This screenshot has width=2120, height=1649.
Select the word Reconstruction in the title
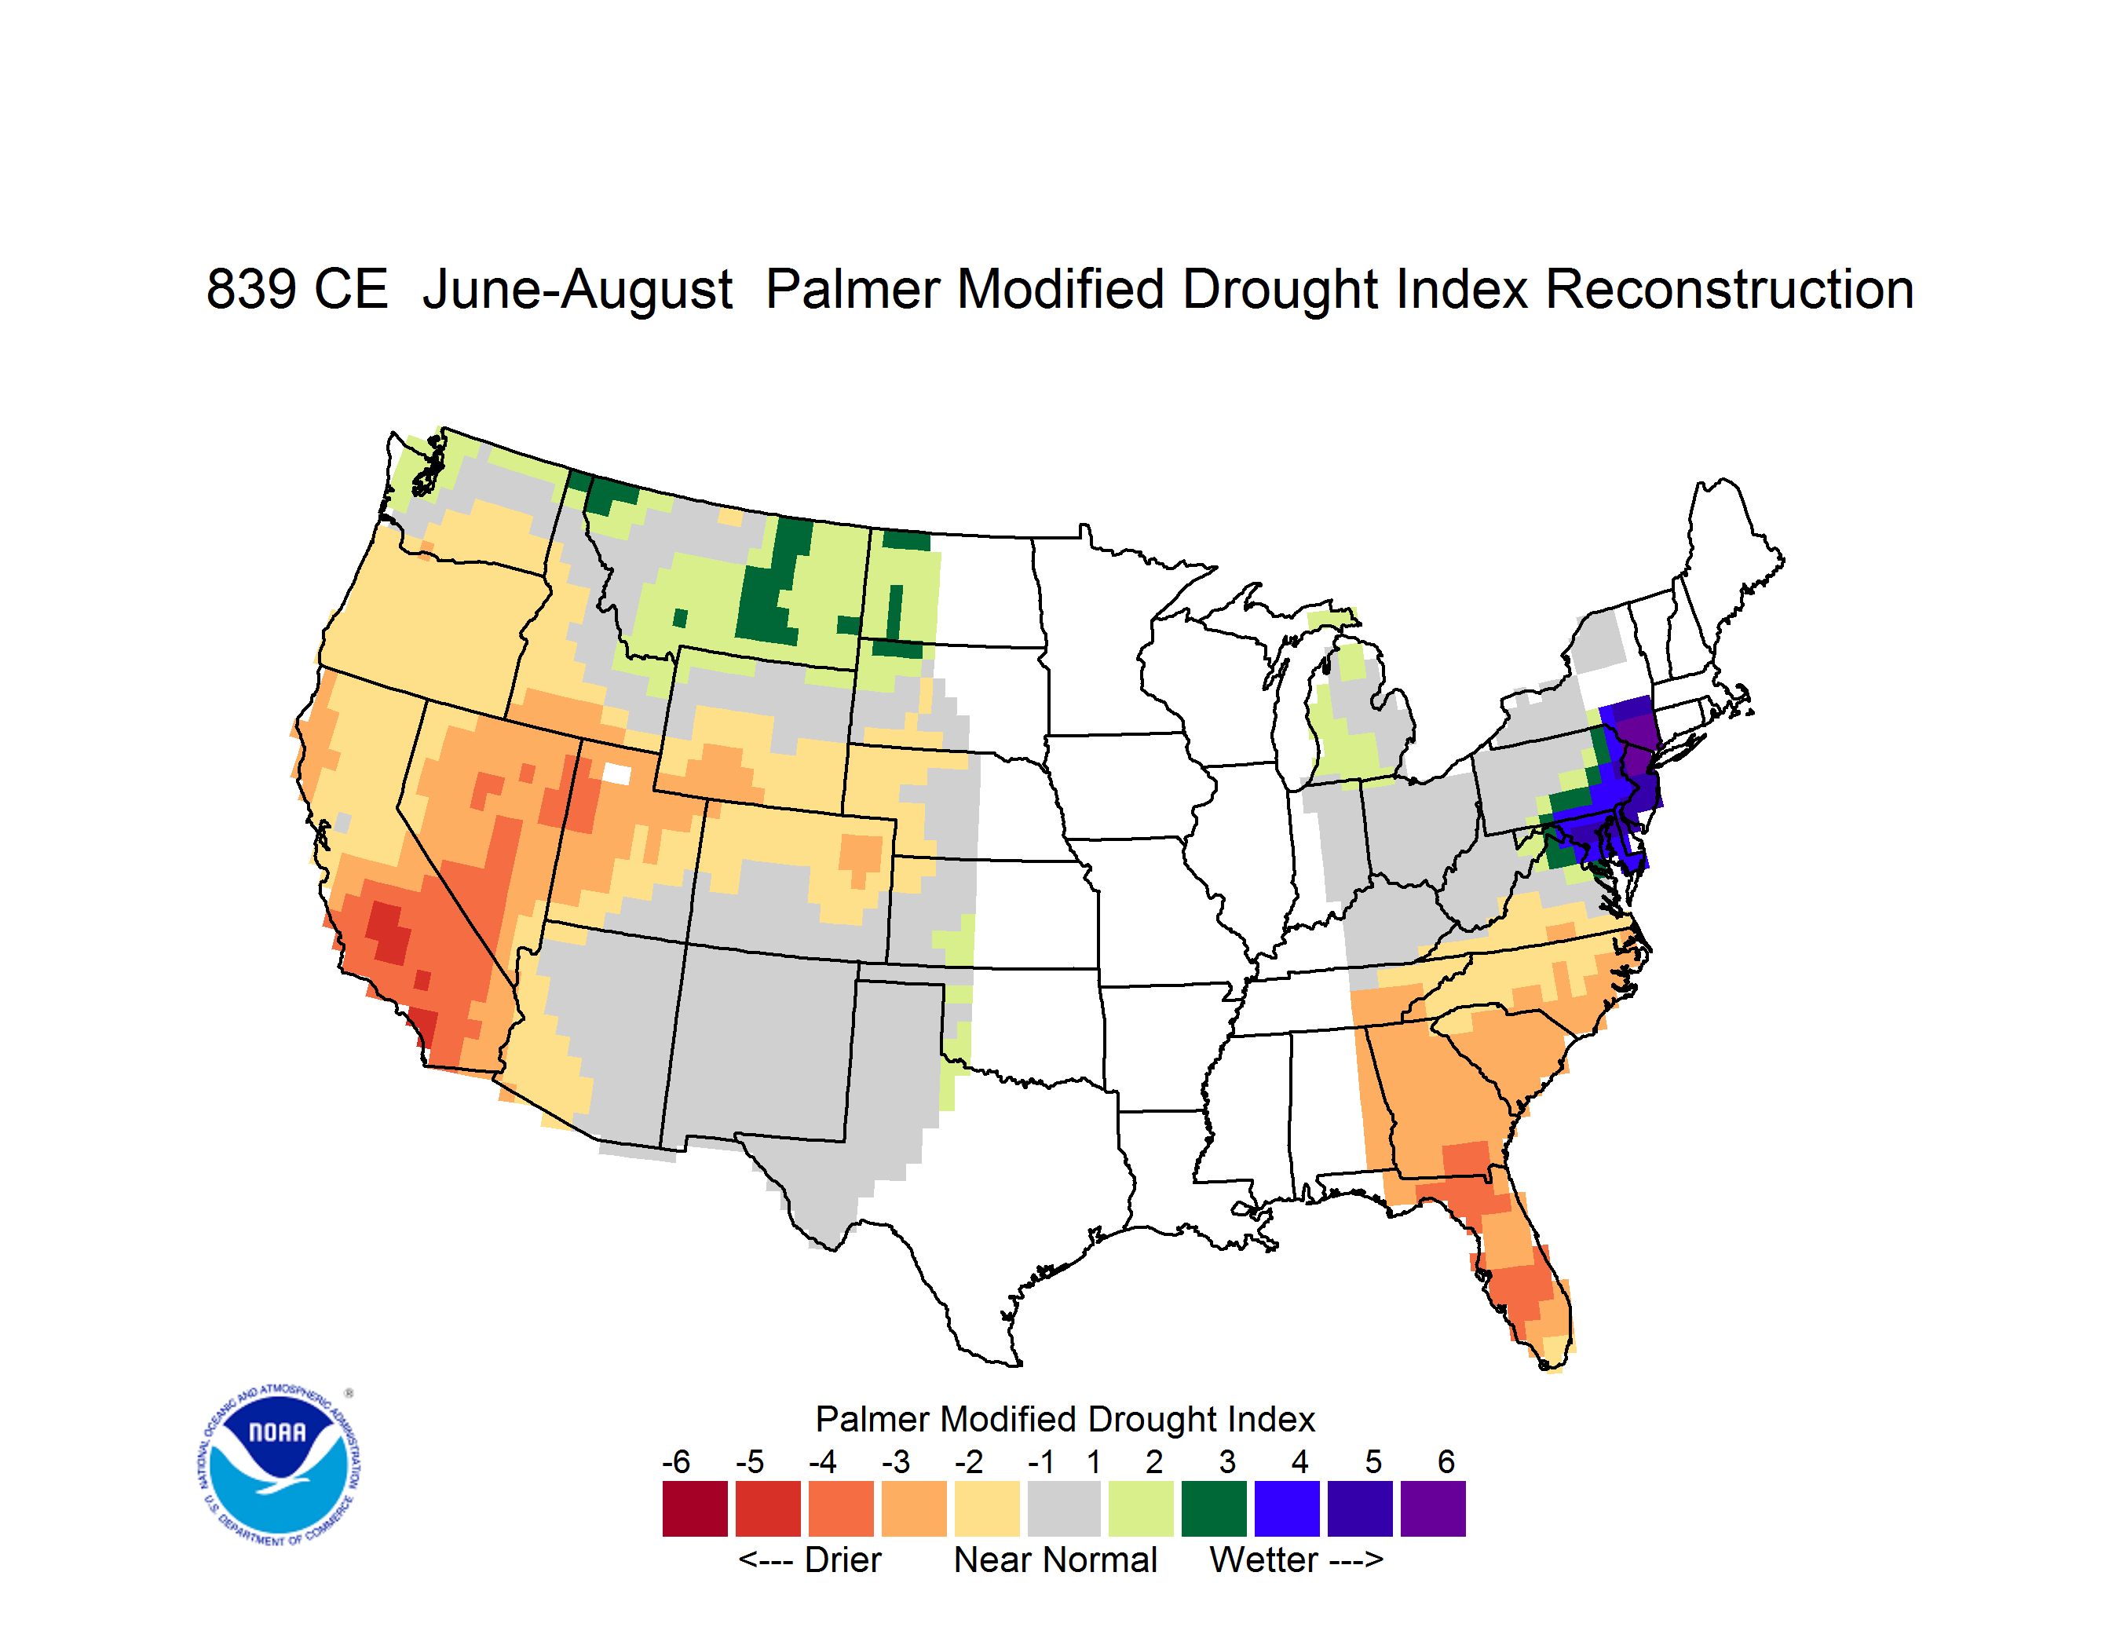click(x=1729, y=289)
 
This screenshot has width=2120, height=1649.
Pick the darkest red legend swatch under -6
click(x=695, y=1508)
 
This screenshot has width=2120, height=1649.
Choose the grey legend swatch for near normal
click(x=1064, y=1508)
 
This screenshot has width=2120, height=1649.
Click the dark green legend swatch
click(x=1213, y=1508)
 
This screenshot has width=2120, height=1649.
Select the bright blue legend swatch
click(x=1287, y=1508)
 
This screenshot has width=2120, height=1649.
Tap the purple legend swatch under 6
click(x=1433, y=1508)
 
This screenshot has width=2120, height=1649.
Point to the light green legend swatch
click(x=1141, y=1508)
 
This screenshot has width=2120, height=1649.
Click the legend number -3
click(x=896, y=1461)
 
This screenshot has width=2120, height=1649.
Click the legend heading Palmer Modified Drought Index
click(x=1065, y=1420)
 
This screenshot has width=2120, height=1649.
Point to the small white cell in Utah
click(x=616, y=773)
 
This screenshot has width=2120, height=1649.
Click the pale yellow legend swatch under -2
click(x=987, y=1508)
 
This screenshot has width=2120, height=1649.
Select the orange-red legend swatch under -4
click(x=841, y=1508)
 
